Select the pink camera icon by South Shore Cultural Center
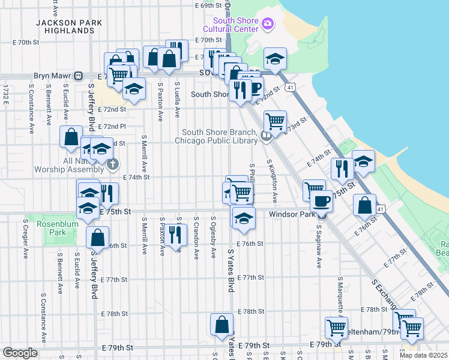268,25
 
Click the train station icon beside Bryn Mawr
78,76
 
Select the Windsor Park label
292,214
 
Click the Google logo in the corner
20,353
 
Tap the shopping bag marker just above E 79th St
222,324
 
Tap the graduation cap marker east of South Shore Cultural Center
275,58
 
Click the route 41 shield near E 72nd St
291,88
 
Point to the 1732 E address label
5,95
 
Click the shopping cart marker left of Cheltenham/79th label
336,328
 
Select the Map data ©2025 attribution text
424,355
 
